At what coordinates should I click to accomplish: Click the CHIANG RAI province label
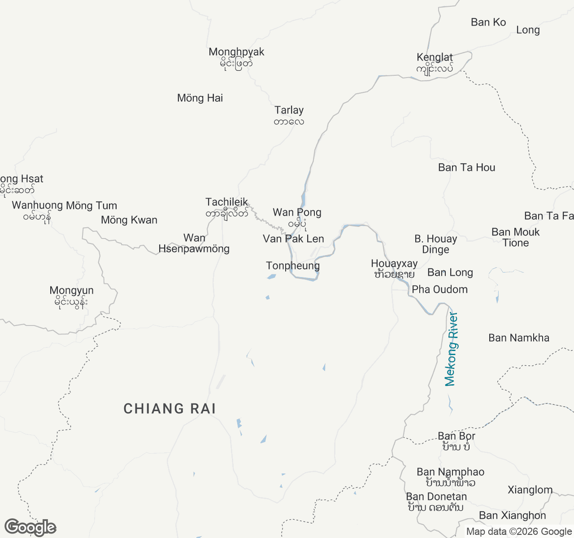[170, 408]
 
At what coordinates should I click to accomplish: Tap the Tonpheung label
[293, 266]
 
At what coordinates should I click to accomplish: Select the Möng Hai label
[200, 98]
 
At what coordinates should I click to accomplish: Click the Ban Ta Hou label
[467, 168]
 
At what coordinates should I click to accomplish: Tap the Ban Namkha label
[519, 338]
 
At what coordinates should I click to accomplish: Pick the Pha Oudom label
[439, 290]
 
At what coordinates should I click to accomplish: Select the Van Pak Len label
[293, 239]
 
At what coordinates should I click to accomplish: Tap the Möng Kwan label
[129, 220]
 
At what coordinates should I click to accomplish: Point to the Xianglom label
[530, 490]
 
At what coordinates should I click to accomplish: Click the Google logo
[30, 527]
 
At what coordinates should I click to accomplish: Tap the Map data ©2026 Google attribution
[519, 532]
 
